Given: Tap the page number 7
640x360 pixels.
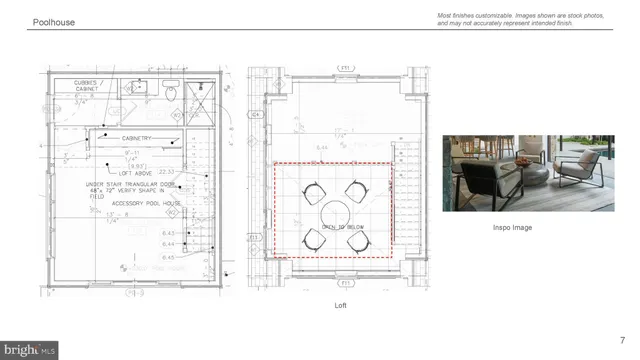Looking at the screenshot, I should pyautogui.click(x=623, y=339).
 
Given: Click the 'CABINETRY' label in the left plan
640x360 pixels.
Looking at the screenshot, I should pyautogui.click(x=141, y=138).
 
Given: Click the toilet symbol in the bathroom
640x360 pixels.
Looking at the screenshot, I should pyautogui.click(x=172, y=93).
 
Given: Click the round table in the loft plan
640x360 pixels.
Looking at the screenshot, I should pyautogui.click(x=333, y=213).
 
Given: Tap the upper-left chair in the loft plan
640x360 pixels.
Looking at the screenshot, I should pyautogui.click(x=312, y=189).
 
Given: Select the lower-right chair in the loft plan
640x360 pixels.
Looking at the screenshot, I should pyautogui.click(x=357, y=238).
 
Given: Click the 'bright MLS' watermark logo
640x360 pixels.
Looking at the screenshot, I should pyautogui.click(x=30, y=349).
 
